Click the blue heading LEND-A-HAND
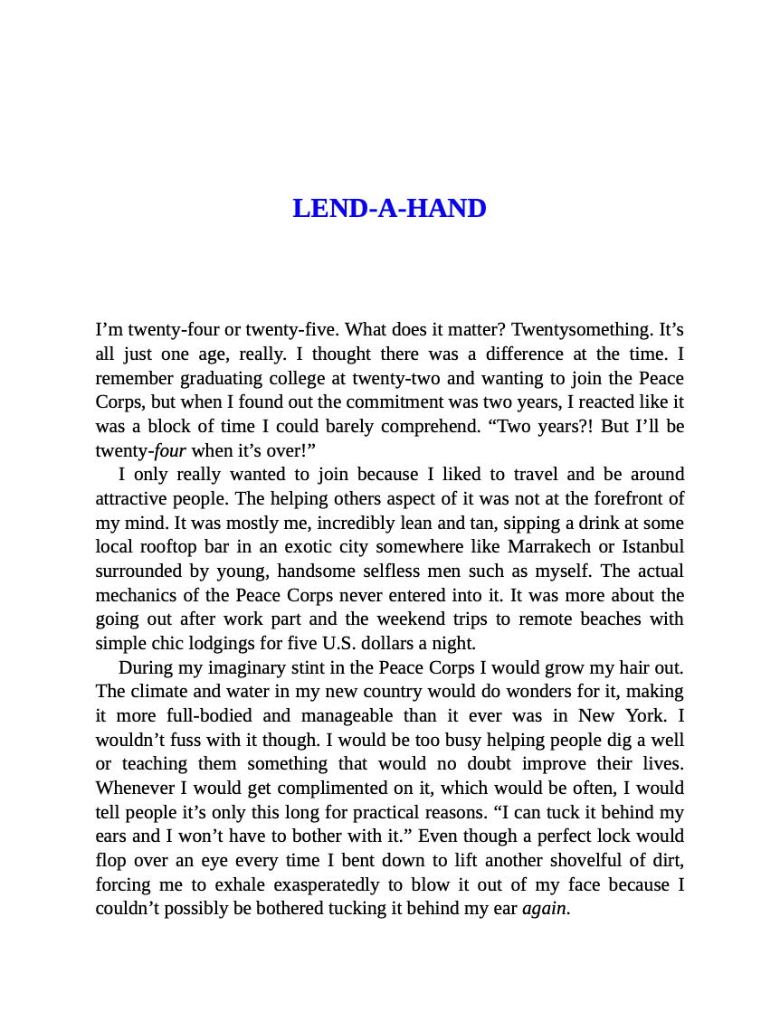(x=389, y=209)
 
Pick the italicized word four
(x=170, y=450)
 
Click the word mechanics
(x=134, y=595)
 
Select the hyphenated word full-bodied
(x=180, y=715)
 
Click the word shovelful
(x=532, y=860)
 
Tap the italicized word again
(x=546, y=908)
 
